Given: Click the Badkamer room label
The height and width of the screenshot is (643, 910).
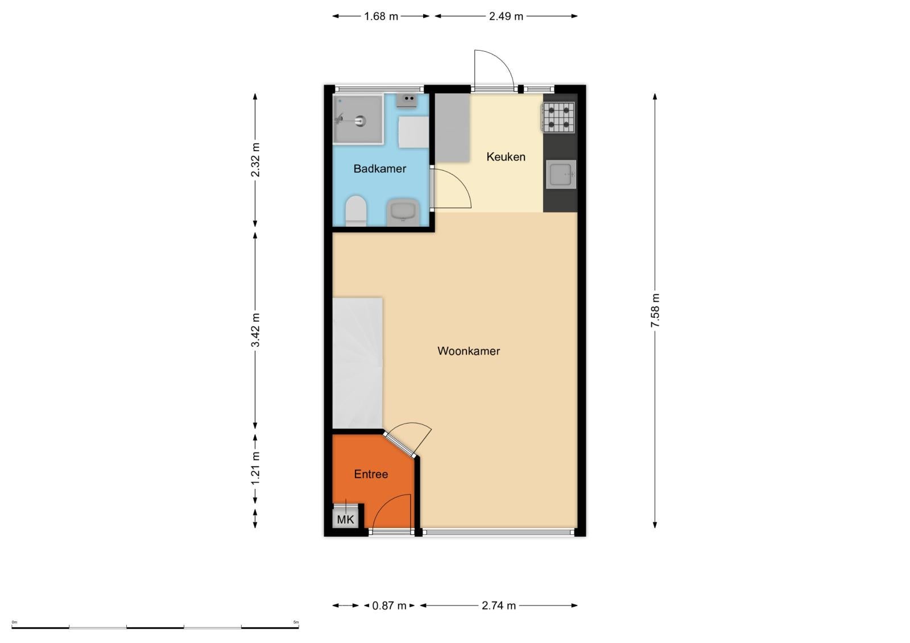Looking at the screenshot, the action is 379,169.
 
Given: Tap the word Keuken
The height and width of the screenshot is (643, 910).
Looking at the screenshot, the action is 506,157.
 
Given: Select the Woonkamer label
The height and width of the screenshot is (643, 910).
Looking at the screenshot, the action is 469,351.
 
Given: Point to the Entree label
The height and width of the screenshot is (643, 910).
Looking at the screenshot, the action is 371,474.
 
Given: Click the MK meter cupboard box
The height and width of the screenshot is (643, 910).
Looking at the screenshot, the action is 345,519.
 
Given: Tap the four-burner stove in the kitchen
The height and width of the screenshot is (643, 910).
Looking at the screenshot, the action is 558,117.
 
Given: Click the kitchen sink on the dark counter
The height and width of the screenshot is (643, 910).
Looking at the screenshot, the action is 561,175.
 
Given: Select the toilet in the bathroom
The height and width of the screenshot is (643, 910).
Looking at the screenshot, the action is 356,211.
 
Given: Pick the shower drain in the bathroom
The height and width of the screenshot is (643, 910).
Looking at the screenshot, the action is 361,121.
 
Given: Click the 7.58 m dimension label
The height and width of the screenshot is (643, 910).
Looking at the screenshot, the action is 655,310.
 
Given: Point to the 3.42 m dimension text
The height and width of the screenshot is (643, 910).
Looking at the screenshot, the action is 255,330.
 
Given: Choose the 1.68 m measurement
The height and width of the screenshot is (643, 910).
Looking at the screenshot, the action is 381,16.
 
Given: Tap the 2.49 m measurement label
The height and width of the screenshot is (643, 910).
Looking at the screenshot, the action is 506,16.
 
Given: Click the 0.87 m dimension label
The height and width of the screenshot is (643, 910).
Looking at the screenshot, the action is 389,605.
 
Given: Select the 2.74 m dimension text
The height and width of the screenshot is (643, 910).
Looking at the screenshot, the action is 499,605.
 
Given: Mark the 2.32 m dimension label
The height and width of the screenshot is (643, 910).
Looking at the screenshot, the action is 255,160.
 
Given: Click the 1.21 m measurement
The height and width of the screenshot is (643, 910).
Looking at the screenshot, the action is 255,468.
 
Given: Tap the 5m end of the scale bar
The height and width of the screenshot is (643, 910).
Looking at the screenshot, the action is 299,627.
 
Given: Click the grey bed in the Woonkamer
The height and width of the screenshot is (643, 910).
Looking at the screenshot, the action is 358,363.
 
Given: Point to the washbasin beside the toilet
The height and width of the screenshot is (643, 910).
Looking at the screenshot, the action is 403,212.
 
